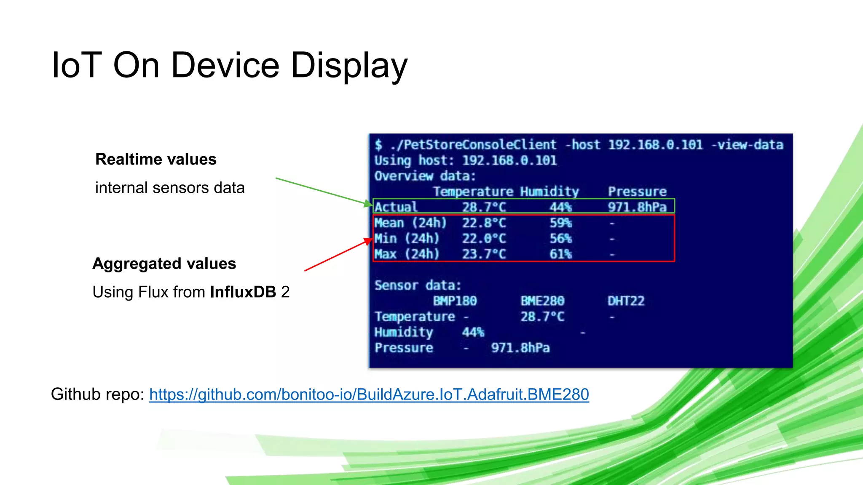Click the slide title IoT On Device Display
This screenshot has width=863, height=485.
pyautogui.click(x=229, y=65)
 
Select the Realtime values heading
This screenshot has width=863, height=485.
pyautogui.click(x=156, y=160)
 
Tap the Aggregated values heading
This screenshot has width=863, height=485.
pyautogui.click(x=164, y=264)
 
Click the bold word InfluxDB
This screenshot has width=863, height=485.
pyautogui.click(x=243, y=292)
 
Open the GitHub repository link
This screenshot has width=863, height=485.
pyautogui.click(x=369, y=394)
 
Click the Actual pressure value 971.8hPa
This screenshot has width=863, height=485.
pyautogui.click(x=637, y=207)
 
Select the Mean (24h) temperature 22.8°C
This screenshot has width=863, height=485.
pyautogui.click(x=484, y=223)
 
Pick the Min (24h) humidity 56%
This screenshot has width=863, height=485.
pyautogui.click(x=560, y=239)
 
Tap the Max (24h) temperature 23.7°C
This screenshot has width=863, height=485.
pyautogui.click(x=484, y=254)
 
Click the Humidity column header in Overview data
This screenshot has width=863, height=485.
pyautogui.click(x=549, y=192)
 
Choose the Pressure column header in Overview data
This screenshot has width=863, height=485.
pyautogui.click(x=637, y=192)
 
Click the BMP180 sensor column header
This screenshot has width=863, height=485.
pyautogui.click(x=455, y=301)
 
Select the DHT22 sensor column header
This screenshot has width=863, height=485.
pyautogui.click(x=626, y=301)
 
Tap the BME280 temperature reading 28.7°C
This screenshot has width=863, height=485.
pyautogui.click(x=542, y=317)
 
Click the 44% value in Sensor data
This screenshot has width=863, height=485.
pyautogui.click(x=473, y=333)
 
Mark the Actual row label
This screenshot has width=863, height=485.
pyautogui.click(x=396, y=207)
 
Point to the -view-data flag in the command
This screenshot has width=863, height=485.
pyautogui.click(x=748, y=145)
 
